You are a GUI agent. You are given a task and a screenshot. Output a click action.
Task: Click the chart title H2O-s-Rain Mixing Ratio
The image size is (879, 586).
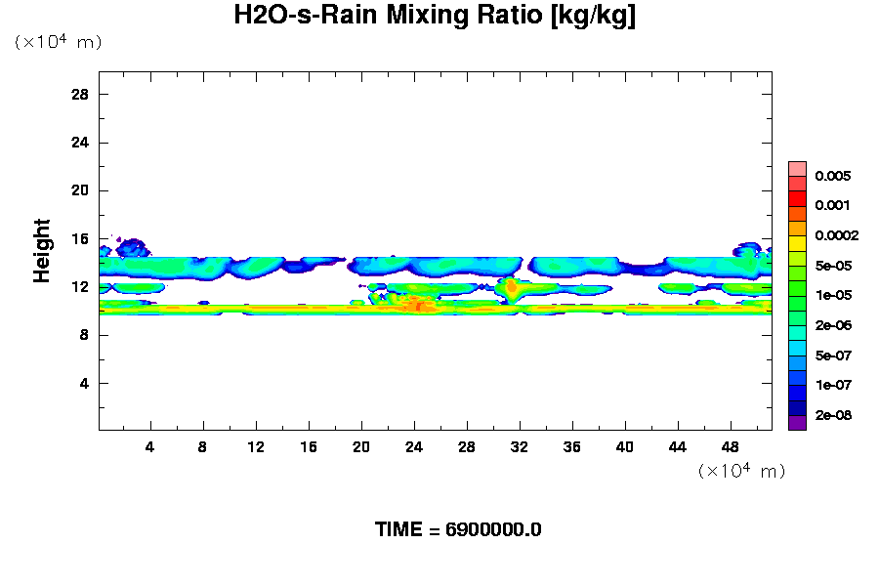click(435, 17)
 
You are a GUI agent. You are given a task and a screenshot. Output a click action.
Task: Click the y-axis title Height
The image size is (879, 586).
click(42, 261)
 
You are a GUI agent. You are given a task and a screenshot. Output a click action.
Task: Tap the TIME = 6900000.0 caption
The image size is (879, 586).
click(458, 529)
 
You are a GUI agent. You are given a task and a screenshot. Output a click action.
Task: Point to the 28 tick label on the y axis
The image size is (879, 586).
click(80, 94)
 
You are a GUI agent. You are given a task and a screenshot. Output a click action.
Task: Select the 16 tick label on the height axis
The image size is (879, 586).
click(80, 238)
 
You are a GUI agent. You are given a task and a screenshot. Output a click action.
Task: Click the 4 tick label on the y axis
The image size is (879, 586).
click(85, 383)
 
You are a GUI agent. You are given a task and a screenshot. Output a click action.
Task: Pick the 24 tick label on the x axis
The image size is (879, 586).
click(414, 446)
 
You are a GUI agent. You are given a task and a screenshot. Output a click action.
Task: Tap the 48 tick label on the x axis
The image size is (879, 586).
click(730, 446)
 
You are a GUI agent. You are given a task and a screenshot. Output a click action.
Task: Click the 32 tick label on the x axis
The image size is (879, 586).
click(520, 446)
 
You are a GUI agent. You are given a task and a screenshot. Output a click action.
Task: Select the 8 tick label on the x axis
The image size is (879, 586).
click(203, 446)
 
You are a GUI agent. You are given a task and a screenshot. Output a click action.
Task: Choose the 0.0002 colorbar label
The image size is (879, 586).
click(838, 235)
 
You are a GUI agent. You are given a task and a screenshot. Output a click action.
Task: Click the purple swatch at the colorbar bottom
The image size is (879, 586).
click(797, 423)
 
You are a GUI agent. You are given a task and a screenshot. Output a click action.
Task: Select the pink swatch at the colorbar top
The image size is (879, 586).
click(797, 168)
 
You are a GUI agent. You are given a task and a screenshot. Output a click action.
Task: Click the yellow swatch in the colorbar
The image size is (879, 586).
click(797, 243)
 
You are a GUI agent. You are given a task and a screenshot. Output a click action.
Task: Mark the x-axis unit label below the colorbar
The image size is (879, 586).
click(741, 471)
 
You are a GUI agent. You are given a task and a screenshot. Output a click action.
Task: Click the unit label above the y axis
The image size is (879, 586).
click(58, 42)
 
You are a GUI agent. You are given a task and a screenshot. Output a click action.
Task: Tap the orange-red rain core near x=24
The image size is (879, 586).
click(418, 306)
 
